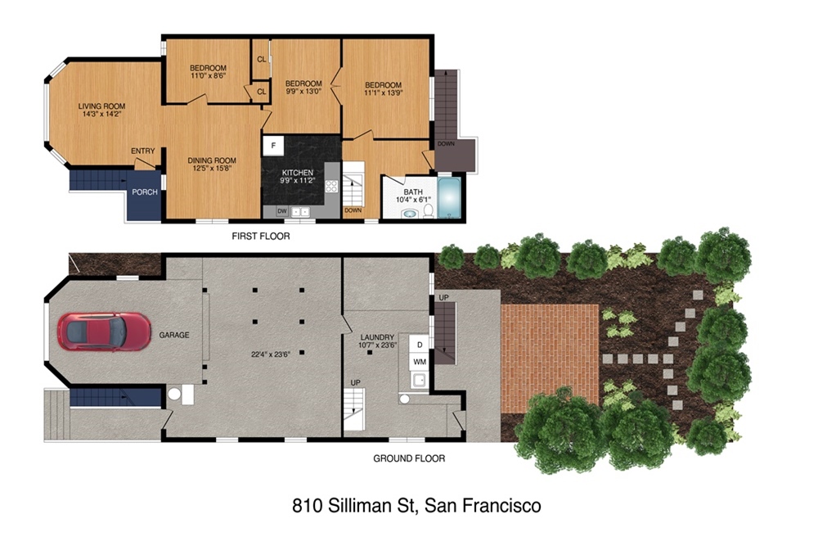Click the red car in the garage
pyautogui.click(x=104, y=332)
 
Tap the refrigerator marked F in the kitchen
pyautogui.click(x=273, y=146)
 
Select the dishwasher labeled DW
pyautogui.click(x=281, y=211)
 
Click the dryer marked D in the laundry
pyautogui.click(x=420, y=345)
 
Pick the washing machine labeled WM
pyautogui.click(x=420, y=361)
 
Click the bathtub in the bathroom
pyautogui.click(x=449, y=198)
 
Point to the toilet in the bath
pyautogui.click(x=428, y=210)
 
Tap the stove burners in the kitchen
pyautogui.click(x=331, y=186)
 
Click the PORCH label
pyautogui.click(x=145, y=192)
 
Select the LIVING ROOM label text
pyautogui.click(x=101, y=106)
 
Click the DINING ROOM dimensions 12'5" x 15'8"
pyautogui.click(x=212, y=169)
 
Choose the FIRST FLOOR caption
pyautogui.click(x=261, y=236)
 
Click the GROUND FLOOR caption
pyautogui.click(x=409, y=458)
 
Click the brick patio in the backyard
pyautogui.click(x=550, y=358)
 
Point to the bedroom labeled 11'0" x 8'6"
pyautogui.click(x=208, y=71)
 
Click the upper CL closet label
pyautogui.click(x=262, y=60)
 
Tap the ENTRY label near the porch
pyautogui.click(x=143, y=151)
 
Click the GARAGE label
pyautogui.click(x=174, y=335)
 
